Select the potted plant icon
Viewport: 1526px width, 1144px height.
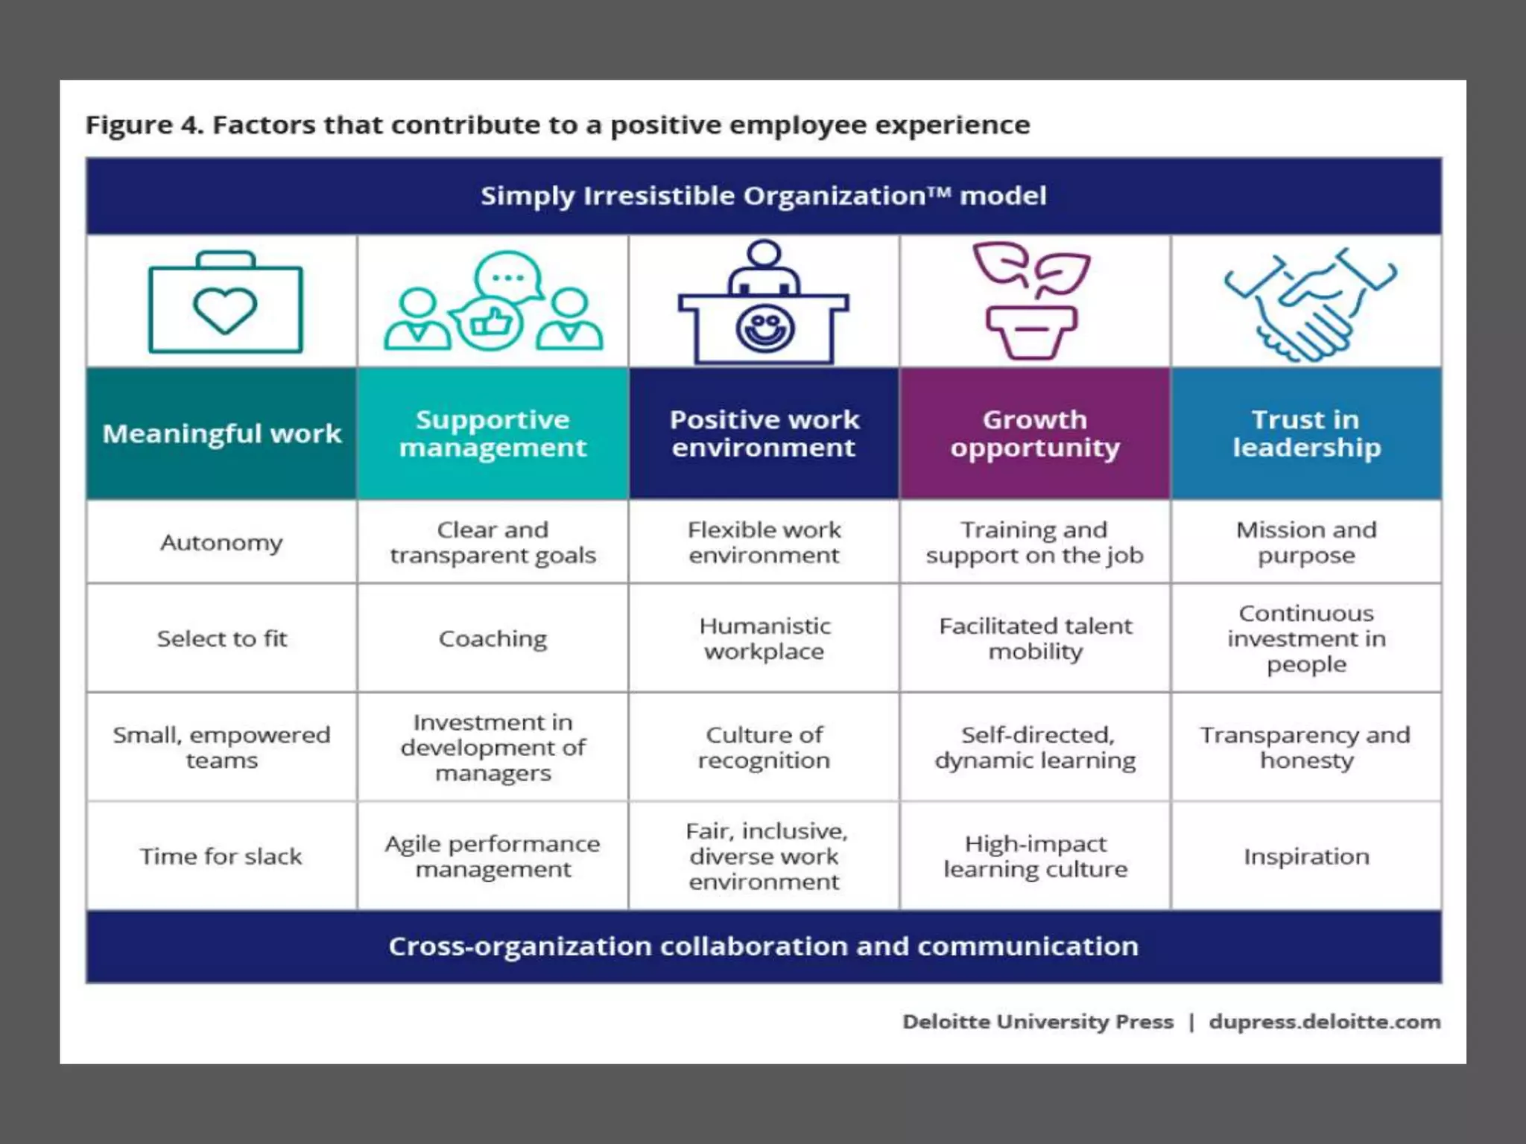click(1032, 302)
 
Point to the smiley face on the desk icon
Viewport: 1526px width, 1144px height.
click(764, 328)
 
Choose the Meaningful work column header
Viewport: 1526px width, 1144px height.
click(222, 433)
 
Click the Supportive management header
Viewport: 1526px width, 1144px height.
click(493, 433)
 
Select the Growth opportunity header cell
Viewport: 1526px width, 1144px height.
click(1035, 433)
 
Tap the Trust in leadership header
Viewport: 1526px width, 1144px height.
click(1306, 433)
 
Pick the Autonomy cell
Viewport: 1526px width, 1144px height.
click(222, 542)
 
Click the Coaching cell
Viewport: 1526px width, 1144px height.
click(493, 638)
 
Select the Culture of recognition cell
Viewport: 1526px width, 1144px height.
click(764, 747)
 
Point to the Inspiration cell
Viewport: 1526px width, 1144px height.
click(1306, 856)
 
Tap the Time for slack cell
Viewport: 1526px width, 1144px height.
click(222, 856)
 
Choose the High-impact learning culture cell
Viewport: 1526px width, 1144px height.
click(1035, 856)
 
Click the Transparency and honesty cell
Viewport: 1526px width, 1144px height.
click(1306, 747)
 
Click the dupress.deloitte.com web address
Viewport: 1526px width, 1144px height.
click(1324, 1021)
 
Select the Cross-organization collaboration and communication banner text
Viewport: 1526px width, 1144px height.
click(764, 946)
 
